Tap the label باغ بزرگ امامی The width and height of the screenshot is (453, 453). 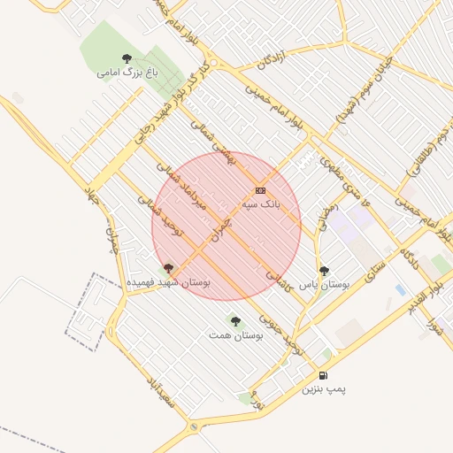(128, 73)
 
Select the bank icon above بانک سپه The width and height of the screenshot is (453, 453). (260, 190)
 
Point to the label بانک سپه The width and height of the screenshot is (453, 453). (260, 203)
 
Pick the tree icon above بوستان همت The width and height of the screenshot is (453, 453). (234, 321)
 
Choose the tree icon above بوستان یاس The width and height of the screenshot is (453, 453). (324, 271)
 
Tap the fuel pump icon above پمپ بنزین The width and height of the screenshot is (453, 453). (323, 375)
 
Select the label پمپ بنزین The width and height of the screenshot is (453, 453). (323, 388)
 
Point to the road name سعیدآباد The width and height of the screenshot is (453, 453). (162, 395)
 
